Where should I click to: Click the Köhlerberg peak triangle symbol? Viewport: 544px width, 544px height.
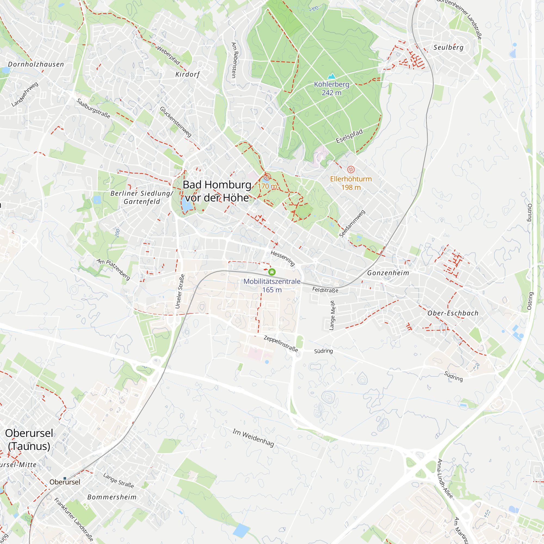tap(331, 76)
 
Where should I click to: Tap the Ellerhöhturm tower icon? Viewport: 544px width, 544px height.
tap(351, 169)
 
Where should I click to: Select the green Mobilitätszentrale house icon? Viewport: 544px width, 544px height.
tap(272, 272)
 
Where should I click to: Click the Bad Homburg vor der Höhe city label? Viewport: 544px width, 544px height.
tap(217, 191)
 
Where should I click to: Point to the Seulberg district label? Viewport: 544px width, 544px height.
tap(448, 47)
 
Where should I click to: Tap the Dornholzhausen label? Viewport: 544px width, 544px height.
tap(36, 64)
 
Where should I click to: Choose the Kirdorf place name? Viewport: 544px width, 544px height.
tap(187, 74)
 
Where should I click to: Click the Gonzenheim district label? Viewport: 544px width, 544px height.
tap(388, 273)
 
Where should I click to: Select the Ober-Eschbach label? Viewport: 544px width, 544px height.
tap(453, 313)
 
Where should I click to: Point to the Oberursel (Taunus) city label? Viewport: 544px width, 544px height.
tap(29, 440)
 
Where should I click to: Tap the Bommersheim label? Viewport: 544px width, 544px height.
tap(112, 497)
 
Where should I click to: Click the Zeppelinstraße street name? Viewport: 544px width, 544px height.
tap(281, 344)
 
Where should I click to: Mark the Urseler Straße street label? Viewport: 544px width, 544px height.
tap(180, 291)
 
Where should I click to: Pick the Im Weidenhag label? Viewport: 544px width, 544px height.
tap(253, 438)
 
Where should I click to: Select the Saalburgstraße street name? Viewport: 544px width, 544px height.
tap(93, 109)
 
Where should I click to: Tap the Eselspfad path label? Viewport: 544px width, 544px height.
tap(349, 136)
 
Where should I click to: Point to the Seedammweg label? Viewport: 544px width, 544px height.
tap(352, 224)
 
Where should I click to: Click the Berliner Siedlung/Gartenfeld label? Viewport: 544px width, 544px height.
tap(142, 197)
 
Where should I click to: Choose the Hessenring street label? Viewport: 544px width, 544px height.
tap(282, 258)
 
